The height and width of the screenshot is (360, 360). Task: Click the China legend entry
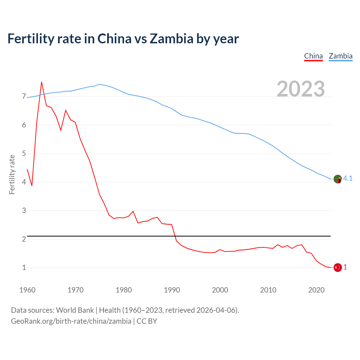click(313, 56)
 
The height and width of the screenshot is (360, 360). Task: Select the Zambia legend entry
click(341, 56)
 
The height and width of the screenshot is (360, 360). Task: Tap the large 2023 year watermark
click(301, 89)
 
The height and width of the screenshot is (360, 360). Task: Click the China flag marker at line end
click(337, 267)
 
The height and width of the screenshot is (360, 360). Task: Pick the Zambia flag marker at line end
click(337, 179)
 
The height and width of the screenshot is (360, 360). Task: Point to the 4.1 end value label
click(348, 179)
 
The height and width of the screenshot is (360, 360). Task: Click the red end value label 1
click(345, 267)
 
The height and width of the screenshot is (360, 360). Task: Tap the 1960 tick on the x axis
click(27, 290)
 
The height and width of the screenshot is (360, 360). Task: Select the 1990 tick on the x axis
click(172, 290)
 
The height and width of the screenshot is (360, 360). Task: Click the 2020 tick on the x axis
click(316, 290)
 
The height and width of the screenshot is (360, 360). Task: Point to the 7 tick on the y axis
click(24, 96)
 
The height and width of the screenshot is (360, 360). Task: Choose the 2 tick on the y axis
click(24, 239)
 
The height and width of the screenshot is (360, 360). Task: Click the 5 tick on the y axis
click(24, 154)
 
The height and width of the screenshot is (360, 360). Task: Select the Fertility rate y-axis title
click(12, 174)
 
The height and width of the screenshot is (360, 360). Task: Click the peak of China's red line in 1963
click(42, 82)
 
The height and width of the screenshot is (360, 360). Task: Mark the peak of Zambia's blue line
click(99, 84)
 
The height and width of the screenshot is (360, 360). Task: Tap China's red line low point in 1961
click(32, 186)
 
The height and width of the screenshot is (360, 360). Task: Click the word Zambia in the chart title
click(171, 39)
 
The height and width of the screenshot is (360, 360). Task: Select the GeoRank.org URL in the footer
click(71, 321)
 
